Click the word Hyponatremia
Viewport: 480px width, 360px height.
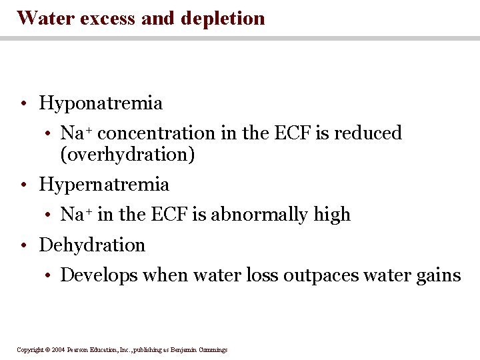coord(101,104)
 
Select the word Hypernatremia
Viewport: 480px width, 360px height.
coord(104,185)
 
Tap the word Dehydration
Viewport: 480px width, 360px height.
coord(92,245)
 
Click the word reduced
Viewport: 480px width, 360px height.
coord(368,133)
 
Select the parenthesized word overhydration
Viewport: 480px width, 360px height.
coord(127,155)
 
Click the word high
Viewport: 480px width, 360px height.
coord(332,215)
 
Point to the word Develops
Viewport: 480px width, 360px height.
coord(91,275)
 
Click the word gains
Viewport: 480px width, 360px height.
coord(440,275)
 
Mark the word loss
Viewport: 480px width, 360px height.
coord(266,275)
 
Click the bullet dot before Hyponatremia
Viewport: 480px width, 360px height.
coord(23,104)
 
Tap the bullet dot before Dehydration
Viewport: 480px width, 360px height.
coord(23,246)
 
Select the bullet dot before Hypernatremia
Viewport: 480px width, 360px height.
coord(23,185)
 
